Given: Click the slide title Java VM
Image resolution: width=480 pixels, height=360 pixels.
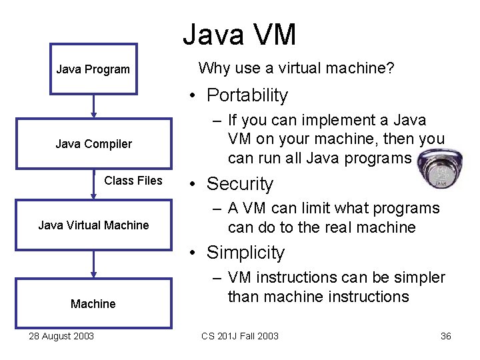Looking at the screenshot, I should (239, 35).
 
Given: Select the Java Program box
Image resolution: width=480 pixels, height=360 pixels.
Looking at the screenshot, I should (93, 69).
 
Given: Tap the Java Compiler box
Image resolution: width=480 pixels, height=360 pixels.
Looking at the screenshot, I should (93, 144).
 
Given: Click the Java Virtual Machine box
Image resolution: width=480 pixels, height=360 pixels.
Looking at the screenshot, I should (93, 225).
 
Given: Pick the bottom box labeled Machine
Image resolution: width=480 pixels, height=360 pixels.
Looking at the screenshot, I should (93, 304).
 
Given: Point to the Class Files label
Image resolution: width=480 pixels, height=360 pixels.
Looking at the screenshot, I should (133, 181).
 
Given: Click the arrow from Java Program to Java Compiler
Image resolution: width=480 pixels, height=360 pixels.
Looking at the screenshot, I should (93, 106).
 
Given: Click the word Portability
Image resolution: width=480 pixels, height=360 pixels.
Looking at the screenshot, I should (247, 95).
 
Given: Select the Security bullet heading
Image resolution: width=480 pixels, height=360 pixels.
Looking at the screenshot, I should (240, 184).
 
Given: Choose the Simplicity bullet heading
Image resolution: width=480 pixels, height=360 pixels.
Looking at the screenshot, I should (245, 253).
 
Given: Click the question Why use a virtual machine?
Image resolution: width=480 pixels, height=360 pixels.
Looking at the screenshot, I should (296, 68).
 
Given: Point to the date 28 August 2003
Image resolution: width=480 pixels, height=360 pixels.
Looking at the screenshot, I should (61, 336).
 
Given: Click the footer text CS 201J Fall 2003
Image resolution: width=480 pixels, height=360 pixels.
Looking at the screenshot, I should (240, 336).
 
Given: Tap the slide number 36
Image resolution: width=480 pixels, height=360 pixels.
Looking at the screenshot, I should (446, 336).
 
